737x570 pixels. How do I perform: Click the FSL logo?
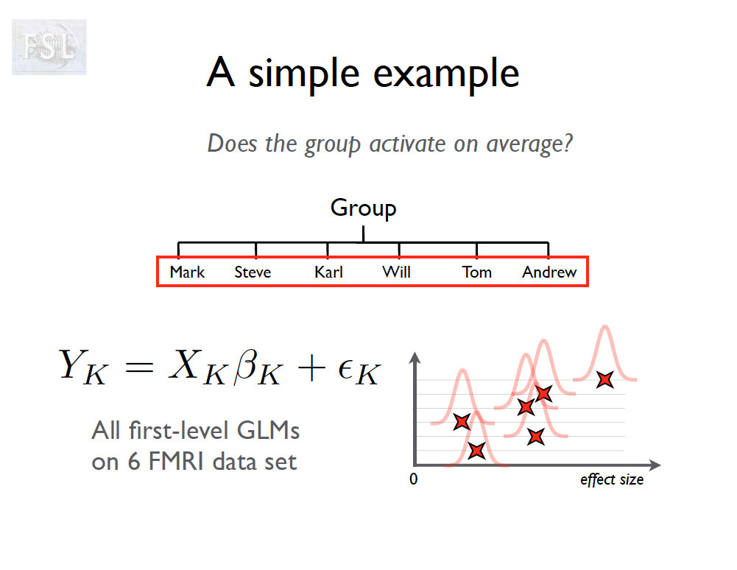49,47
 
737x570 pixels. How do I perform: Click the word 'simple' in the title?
304,74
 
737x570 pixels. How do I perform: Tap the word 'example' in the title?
446,74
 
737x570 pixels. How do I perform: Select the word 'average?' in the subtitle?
529,144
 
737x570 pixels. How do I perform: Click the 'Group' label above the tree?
363,208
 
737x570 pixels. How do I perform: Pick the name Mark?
187,272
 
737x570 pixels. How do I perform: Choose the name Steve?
253,272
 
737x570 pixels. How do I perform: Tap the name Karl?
328,272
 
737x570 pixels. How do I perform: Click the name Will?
396,272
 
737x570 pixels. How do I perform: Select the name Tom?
476,272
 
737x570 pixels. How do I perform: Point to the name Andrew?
549,272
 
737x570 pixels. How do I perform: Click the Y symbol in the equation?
74,365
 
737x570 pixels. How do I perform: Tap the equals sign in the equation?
140,367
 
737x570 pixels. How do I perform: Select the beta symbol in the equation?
246,367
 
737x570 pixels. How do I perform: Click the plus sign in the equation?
311,367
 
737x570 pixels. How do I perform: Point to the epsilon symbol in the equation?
345,369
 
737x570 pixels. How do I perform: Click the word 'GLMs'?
268,430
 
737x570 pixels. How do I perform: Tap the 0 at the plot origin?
414,479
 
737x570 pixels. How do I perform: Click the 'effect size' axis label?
612,479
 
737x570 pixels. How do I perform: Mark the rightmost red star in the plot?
605,379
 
